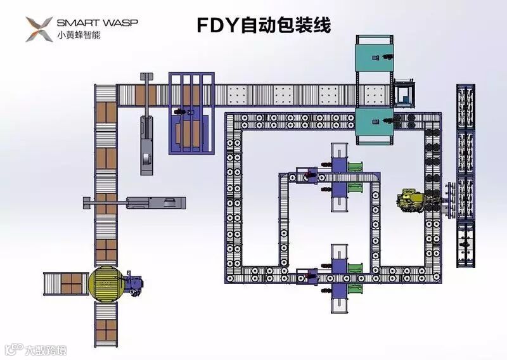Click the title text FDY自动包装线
(263, 25)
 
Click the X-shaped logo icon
(39, 29)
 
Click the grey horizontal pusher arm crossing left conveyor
(136, 203)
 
